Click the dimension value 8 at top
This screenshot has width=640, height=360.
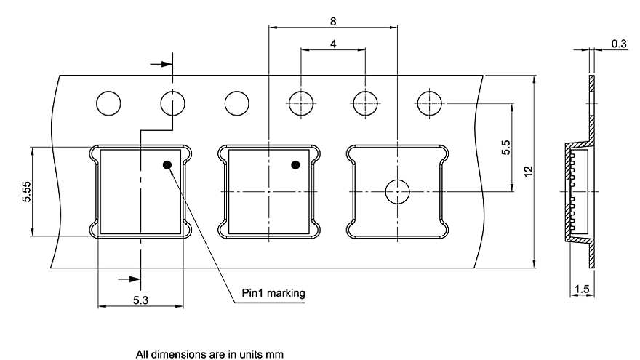tap(333, 21)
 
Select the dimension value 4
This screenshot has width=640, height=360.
tap(334, 43)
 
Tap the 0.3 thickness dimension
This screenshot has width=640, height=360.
tap(619, 43)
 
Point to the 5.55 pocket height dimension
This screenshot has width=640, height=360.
tap(26, 192)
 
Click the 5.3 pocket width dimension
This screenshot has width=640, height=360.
tap(140, 300)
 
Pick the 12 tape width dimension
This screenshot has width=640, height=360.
tap(529, 172)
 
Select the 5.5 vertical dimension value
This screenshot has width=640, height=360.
tap(505, 148)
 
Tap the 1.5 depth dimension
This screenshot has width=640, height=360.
tap(582, 289)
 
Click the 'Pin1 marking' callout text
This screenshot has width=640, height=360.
tap(273, 293)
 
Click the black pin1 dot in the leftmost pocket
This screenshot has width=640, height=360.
tap(167, 165)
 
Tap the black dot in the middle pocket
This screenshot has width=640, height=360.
tap(295, 165)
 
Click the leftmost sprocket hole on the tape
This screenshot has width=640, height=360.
tap(108, 103)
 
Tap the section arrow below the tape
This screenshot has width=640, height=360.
tap(129, 279)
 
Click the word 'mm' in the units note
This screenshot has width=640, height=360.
tap(275, 354)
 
